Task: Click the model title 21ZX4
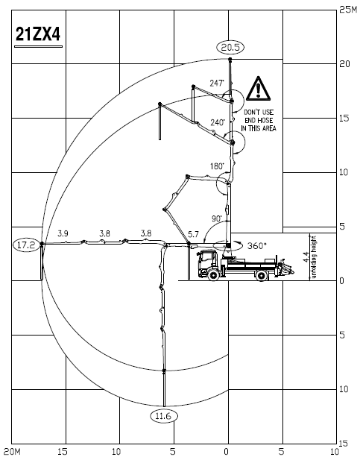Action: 38,34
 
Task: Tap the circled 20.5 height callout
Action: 230,47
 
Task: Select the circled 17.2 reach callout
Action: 27,245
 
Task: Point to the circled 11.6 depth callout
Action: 164,416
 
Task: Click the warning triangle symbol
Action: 258,89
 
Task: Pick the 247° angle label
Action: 217,84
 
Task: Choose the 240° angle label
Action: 218,122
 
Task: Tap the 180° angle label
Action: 217,166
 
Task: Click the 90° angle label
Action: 217,218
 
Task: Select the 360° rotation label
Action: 256,246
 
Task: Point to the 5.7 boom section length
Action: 193,234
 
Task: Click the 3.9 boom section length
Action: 63,233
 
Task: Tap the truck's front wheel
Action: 213,274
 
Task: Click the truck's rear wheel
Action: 262,275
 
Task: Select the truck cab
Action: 209,262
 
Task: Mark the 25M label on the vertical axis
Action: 348,10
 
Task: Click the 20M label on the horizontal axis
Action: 12,452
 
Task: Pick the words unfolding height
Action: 314,257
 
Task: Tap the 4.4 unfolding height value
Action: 306,257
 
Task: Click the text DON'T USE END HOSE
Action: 259,116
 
